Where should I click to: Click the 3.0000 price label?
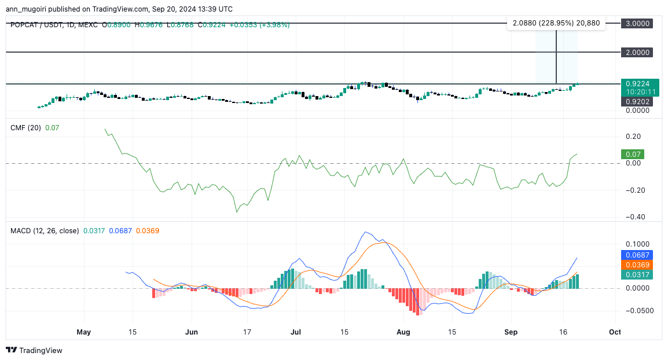click(x=637, y=23)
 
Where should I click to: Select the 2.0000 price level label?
click(x=637, y=52)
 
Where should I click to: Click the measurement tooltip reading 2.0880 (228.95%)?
click(x=556, y=23)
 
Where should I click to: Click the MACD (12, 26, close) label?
click(x=45, y=230)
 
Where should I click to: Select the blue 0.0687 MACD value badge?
click(x=637, y=255)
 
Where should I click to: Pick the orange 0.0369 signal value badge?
click(x=637, y=265)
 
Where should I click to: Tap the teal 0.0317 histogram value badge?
click(x=637, y=274)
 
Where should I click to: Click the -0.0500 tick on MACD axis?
click(x=635, y=310)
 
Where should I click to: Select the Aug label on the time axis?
click(x=403, y=332)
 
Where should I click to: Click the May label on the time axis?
click(x=84, y=332)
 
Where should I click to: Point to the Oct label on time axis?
click(x=615, y=332)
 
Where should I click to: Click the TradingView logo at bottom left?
click(x=34, y=350)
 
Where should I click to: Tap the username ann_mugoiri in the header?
click(x=28, y=9)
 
